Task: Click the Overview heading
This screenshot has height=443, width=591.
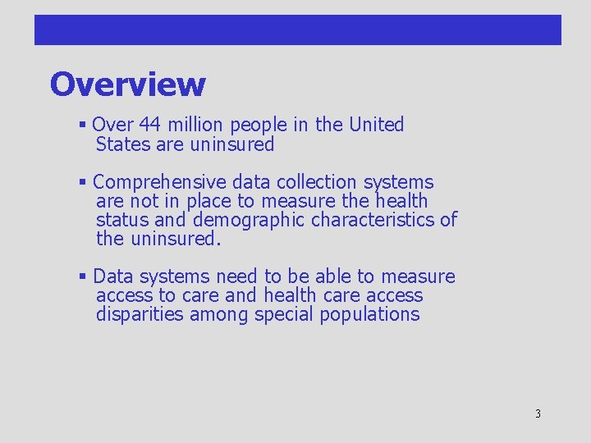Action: tap(127, 84)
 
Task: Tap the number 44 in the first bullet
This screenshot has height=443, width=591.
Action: tap(149, 125)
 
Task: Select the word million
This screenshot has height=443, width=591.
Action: tap(195, 125)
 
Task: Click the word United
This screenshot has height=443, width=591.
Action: tap(377, 125)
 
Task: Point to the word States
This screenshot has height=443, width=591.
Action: tap(122, 144)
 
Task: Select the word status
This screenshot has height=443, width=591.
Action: tap(121, 220)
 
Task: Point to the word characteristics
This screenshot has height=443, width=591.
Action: tap(373, 220)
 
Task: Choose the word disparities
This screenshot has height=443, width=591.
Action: tap(140, 315)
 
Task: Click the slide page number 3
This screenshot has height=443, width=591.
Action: tap(538, 414)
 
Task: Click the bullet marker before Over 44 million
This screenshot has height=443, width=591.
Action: tap(83, 126)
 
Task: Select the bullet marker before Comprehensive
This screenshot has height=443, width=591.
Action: tap(83, 183)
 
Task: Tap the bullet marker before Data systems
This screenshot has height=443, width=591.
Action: tap(83, 277)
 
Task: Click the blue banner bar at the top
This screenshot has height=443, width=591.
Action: tap(297, 30)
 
